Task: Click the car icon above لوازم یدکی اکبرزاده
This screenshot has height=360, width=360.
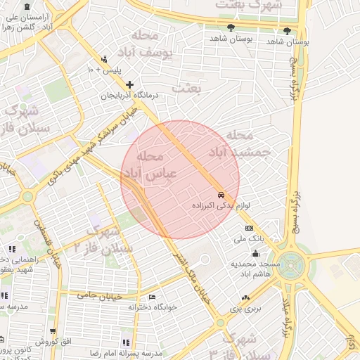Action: (221, 195)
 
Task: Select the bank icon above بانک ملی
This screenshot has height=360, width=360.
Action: (249, 229)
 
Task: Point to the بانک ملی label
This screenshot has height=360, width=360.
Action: (249, 239)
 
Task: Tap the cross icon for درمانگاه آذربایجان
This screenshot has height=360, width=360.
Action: (129, 84)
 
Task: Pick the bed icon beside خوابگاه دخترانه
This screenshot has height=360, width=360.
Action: (152, 297)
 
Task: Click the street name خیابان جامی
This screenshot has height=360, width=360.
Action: (105, 296)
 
